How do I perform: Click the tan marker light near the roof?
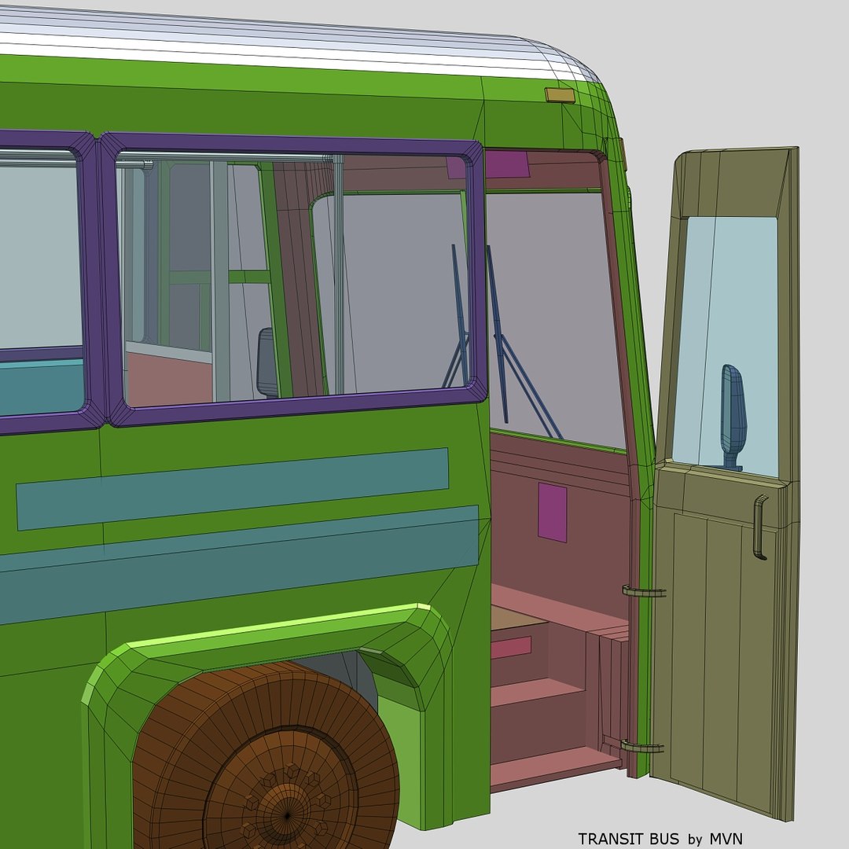click(x=560, y=96)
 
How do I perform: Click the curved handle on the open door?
click(x=759, y=527)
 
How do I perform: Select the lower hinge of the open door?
click(x=641, y=746)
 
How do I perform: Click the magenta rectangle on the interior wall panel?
click(x=552, y=512)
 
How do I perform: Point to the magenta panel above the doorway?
click(x=506, y=164)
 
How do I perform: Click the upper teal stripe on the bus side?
click(x=232, y=488)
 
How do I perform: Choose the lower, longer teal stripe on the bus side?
click(x=236, y=562)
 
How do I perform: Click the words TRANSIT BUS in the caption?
click(x=629, y=839)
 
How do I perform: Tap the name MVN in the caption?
click(x=724, y=839)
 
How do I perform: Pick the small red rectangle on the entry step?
click(x=511, y=647)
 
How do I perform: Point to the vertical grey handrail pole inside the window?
click(x=338, y=275)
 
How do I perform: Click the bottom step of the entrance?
click(x=550, y=766)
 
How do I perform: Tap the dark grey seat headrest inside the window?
click(x=267, y=362)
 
